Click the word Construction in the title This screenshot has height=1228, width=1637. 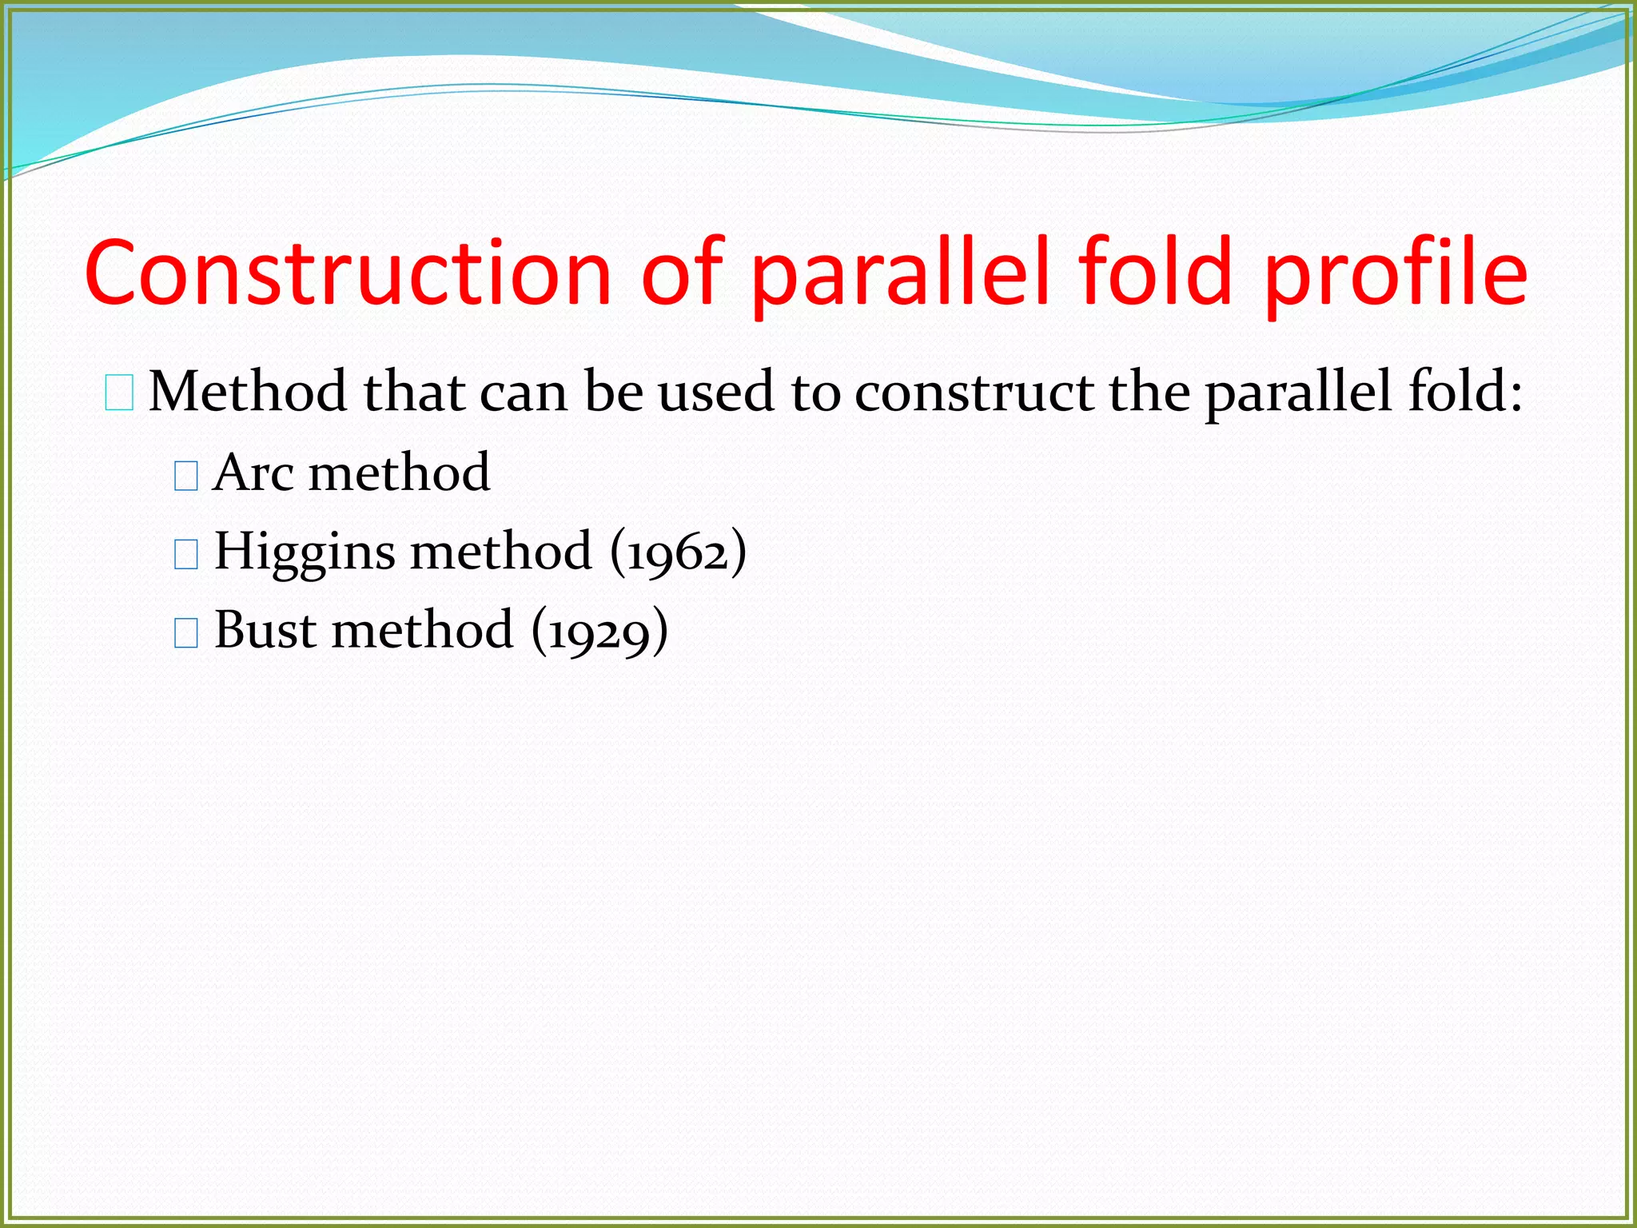pyautogui.click(x=348, y=273)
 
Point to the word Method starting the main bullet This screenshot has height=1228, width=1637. pyautogui.click(x=248, y=392)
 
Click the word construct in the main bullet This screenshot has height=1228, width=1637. pyautogui.click(x=974, y=392)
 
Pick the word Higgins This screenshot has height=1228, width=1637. pyautogui.click(x=305, y=552)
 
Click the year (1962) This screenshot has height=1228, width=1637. pyautogui.click(x=679, y=552)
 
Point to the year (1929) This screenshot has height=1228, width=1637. pyautogui.click(x=600, y=630)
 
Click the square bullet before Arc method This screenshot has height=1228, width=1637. pyautogui.click(x=185, y=476)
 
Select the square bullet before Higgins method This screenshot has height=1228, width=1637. pyautogui.click(x=185, y=554)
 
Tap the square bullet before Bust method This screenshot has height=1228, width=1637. pyautogui.click(x=185, y=632)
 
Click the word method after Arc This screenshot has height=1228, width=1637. pyautogui.click(x=399, y=472)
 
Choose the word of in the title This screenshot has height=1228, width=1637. pyautogui.click(x=682, y=273)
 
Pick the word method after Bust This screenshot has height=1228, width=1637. pyautogui.click(x=422, y=630)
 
